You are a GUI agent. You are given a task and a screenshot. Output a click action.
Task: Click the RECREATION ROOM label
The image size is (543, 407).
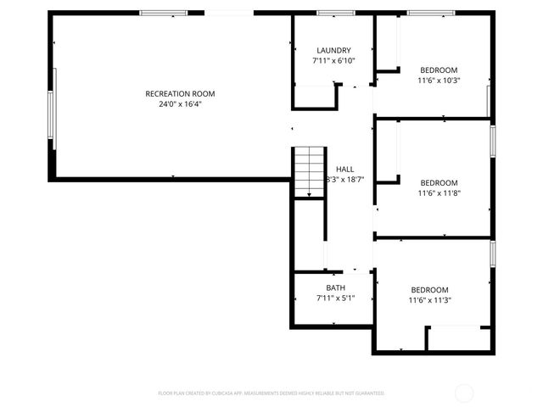[x=180, y=93]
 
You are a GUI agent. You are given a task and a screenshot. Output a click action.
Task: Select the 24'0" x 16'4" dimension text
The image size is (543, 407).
[x=180, y=104]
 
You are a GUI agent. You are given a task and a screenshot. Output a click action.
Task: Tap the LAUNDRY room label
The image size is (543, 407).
[x=333, y=50]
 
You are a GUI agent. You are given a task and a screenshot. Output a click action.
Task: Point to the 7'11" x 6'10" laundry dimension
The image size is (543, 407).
[x=333, y=61]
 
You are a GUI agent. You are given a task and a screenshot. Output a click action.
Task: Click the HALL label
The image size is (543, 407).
[x=345, y=169]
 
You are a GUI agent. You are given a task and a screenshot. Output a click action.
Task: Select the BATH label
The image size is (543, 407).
[x=335, y=287]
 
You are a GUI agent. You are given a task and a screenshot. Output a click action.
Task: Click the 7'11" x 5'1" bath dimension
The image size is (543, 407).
[x=335, y=298]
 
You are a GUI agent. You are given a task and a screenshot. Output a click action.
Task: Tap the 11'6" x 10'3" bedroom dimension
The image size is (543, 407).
[x=439, y=81]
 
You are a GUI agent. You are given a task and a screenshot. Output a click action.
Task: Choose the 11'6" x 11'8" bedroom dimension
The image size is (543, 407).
[x=439, y=193]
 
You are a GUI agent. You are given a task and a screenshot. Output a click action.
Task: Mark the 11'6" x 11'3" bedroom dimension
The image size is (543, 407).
[x=430, y=299]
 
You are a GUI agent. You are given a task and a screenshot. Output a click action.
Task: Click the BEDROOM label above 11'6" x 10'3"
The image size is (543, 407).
[x=439, y=70]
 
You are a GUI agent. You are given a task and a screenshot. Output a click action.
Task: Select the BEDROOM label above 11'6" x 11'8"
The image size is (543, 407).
[x=439, y=182]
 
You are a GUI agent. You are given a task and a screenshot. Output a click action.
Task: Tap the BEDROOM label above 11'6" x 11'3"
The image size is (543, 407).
[x=430, y=288]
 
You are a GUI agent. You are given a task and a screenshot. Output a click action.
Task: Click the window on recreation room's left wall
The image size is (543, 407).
[x=52, y=121]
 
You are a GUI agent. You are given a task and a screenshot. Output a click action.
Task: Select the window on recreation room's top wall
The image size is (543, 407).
[x=163, y=13]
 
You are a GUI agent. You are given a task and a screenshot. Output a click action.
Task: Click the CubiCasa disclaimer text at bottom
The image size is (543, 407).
[x=271, y=393]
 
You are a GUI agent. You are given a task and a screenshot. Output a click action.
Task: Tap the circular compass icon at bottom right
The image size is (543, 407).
[x=464, y=393]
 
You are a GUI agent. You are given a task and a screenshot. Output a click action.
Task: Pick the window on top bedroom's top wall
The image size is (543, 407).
[x=431, y=13]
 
